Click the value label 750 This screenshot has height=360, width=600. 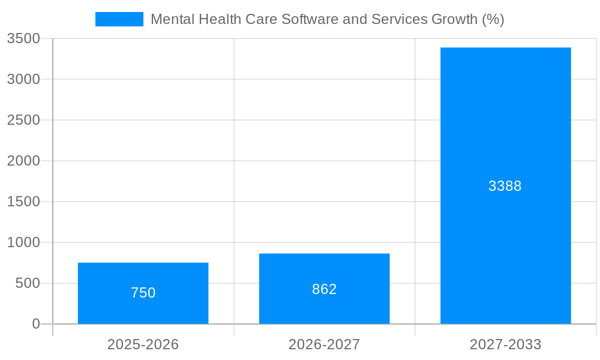coord(143,293)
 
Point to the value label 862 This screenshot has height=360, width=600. coord(324,289)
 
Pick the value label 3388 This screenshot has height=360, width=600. coord(505,186)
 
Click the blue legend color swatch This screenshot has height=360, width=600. coord(119,19)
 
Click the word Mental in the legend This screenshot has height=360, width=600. coord(170,19)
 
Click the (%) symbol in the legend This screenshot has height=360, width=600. coord(493,19)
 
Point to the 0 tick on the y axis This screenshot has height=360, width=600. coord(35,324)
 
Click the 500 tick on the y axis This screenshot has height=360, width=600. coord(28,283)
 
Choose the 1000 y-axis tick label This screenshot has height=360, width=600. coord(23,242)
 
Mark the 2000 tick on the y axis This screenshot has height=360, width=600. coord(23,161)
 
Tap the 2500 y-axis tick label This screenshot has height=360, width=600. coord(23,120)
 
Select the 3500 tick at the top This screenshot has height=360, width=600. coord(23,38)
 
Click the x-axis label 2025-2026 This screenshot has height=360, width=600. coord(143,344)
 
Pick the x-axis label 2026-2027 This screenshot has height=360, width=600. coord(324,344)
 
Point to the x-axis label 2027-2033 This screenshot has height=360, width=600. coord(505,344)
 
